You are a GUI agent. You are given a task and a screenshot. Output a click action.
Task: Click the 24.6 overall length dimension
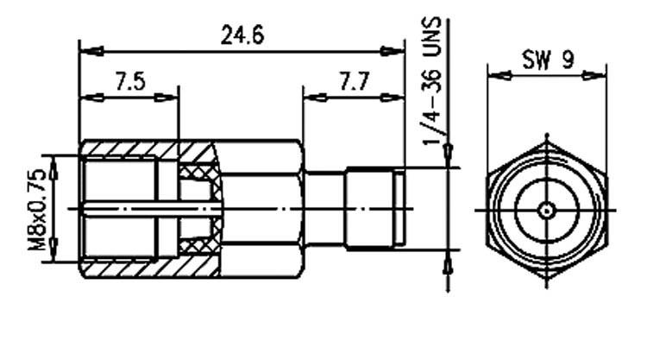pos(242,35)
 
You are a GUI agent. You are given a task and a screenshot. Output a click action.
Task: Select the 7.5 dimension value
pos(130,81)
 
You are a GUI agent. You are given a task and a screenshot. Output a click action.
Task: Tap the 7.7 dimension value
pos(353,81)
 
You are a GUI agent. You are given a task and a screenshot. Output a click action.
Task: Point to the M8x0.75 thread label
pos(37,209)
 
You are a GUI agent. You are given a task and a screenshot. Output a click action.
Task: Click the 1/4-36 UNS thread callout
pos(431,81)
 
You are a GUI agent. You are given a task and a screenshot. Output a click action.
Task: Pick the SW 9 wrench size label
pos(548,59)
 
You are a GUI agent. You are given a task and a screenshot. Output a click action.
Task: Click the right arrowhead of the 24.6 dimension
pos(393,51)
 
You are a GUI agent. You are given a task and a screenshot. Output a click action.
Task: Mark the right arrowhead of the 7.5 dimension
pos(166,98)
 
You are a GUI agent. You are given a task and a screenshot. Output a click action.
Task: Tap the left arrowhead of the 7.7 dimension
pos(315,98)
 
